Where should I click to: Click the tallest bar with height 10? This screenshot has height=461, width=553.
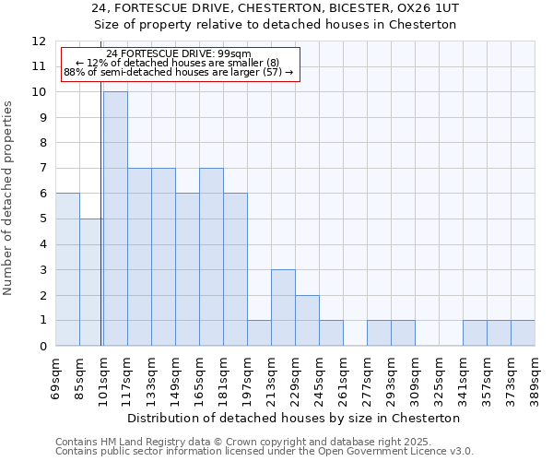pyautogui.click(x=115, y=219)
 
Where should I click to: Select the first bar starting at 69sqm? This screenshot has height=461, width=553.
pyautogui.click(x=67, y=269)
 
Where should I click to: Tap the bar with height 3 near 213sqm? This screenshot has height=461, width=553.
pyautogui.click(x=283, y=308)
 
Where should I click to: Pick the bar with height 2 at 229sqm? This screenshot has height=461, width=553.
pyautogui.click(x=307, y=321)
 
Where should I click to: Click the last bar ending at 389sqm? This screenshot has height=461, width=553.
pyautogui.click(x=523, y=333)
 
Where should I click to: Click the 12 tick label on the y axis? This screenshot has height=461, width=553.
pyautogui.click(x=39, y=41)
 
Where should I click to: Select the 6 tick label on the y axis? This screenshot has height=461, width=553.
pyautogui.click(x=42, y=194)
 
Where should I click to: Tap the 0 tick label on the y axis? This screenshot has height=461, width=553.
pyautogui.click(x=42, y=347)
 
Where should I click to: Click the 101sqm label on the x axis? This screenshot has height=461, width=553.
pyautogui.click(x=103, y=379)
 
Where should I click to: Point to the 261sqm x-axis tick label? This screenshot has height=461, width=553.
pyautogui.click(x=343, y=379)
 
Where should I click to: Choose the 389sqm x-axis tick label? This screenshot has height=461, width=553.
pyautogui.click(x=535, y=379)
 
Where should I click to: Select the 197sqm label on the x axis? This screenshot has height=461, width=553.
pyautogui.click(x=247, y=379)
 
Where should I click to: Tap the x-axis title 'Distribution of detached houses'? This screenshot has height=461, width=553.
pyautogui.click(x=293, y=418)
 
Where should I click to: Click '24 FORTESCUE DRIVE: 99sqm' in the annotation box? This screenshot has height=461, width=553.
pyautogui.click(x=179, y=54)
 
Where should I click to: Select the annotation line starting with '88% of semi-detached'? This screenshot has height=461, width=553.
pyautogui.click(x=179, y=72)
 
